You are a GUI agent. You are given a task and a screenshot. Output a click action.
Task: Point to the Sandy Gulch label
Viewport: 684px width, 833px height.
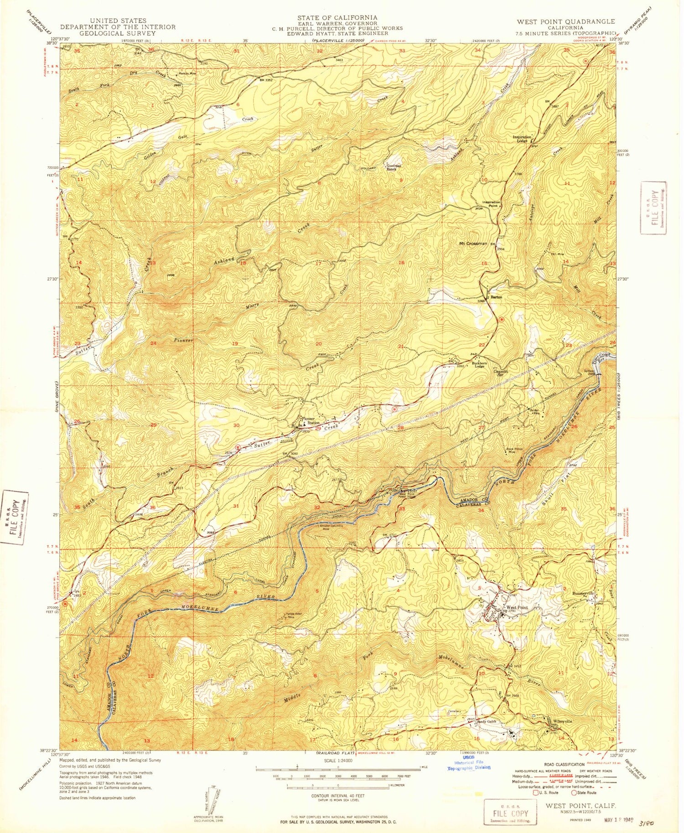486,721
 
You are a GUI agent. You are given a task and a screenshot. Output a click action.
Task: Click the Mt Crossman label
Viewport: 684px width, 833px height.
472,244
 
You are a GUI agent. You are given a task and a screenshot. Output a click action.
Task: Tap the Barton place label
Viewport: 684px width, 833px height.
496,297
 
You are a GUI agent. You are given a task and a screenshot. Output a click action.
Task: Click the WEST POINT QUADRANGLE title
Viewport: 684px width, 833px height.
565,21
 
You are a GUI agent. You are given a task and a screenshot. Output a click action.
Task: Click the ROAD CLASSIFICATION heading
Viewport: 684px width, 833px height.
564,765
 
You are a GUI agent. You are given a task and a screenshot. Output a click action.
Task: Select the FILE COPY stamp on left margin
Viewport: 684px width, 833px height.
14,517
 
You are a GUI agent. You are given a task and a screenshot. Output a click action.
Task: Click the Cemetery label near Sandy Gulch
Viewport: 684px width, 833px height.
455,711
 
